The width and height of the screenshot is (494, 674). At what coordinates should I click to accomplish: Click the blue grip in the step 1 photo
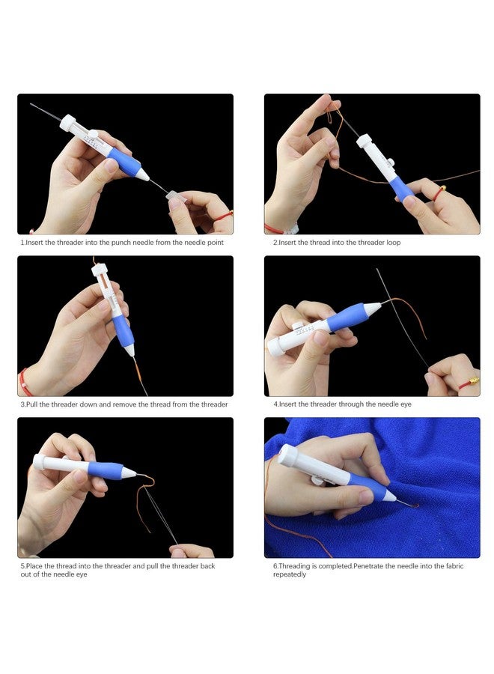[124, 161]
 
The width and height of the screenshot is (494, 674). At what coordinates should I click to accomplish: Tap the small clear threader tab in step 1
[176, 196]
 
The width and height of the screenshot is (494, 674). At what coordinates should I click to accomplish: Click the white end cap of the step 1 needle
[68, 122]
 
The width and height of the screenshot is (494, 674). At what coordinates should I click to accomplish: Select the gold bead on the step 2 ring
[442, 188]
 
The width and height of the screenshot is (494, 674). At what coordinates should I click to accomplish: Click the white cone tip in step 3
[129, 350]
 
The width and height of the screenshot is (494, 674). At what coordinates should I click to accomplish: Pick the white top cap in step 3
[100, 270]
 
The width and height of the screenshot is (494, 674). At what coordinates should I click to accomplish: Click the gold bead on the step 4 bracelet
[473, 380]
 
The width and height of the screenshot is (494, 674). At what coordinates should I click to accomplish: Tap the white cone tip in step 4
[372, 307]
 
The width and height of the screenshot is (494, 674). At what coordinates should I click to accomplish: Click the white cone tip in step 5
[129, 473]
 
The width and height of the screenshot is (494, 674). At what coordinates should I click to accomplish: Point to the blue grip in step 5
[106, 470]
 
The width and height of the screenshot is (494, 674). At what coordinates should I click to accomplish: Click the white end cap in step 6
[287, 455]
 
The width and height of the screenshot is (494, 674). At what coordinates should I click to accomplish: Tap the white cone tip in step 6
[390, 496]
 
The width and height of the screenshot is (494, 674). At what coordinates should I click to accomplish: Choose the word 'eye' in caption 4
[406, 404]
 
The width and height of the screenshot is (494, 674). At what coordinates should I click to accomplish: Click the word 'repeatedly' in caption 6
[290, 574]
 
